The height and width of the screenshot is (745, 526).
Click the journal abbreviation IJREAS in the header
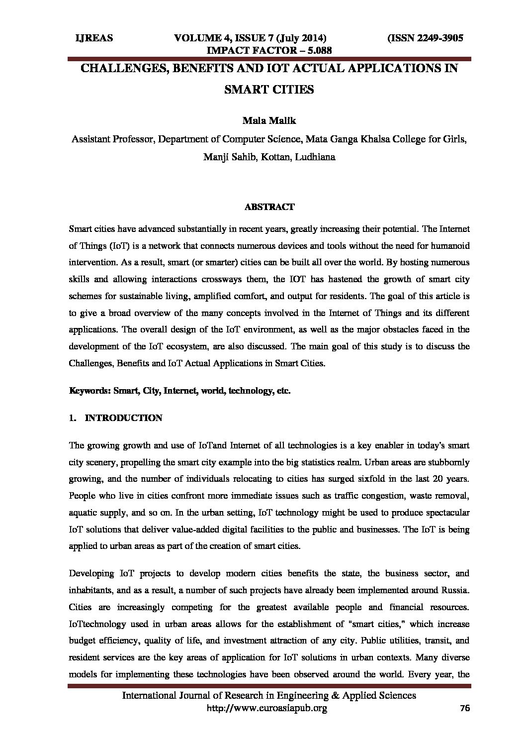tap(93, 38)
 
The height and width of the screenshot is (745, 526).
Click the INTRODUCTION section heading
tap(124, 418)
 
